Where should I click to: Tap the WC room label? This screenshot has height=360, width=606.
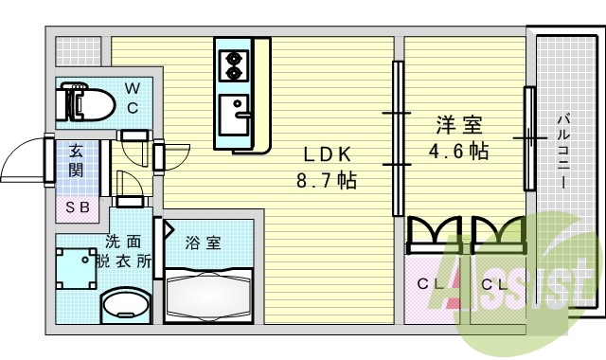[134, 98]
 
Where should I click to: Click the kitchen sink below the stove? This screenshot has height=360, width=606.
[232, 117]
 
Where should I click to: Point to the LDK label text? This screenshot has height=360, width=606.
[328, 155]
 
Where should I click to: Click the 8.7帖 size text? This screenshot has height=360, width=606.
[328, 179]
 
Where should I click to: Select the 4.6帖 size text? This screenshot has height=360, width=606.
[458, 150]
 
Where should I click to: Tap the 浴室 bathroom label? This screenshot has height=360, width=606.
[203, 243]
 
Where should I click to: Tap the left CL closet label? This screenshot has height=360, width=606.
[430, 283]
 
